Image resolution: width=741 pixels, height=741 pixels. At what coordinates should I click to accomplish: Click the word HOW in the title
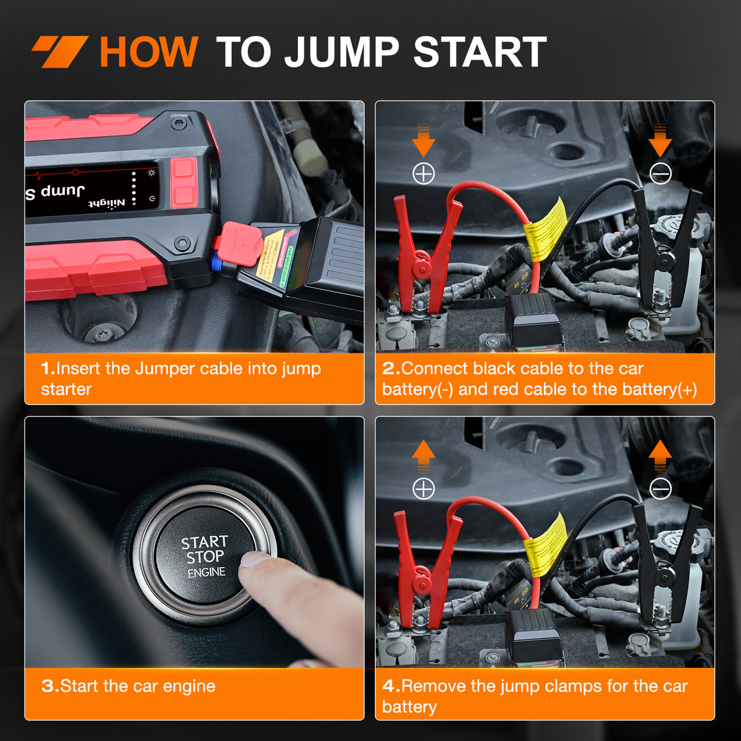point(148,52)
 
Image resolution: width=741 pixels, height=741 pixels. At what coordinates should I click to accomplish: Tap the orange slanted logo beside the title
point(60,51)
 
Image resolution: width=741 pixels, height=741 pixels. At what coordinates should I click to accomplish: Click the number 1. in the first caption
point(48,369)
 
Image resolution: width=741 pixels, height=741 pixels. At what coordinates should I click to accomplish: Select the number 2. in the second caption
point(391,369)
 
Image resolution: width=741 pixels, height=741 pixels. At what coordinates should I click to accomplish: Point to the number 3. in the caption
point(50,686)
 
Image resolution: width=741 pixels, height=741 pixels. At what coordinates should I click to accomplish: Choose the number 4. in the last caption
point(391,686)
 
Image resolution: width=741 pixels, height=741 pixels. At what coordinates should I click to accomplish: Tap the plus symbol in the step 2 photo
point(424,174)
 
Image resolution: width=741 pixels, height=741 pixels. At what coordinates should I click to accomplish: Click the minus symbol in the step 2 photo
point(660,174)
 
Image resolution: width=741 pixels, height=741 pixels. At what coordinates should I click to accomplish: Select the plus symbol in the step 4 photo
point(424,489)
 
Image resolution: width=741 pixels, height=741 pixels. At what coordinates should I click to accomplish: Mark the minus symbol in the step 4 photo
point(660,489)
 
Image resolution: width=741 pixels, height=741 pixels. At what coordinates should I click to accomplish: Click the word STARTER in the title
point(479,52)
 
